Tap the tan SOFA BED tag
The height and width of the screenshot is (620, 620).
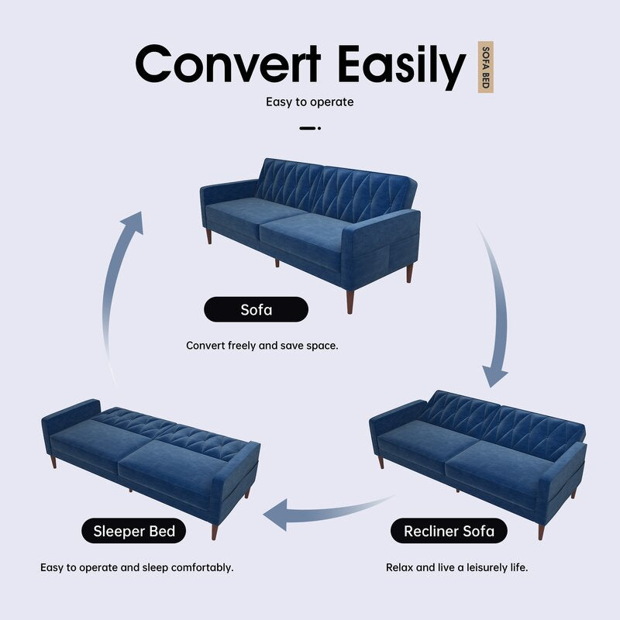pyautogui.click(x=485, y=67)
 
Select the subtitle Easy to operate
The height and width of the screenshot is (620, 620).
pyautogui.click(x=309, y=102)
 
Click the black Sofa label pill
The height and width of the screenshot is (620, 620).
pyautogui.click(x=256, y=310)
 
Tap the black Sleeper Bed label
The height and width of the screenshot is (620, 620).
pyautogui.click(x=134, y=531)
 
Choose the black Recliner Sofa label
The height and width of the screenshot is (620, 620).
pyautogui.click(x=455, y=531)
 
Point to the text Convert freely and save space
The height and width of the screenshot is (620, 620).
pyautogui.click(x=262, y=345)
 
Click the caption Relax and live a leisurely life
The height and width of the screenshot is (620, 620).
pyautogui.click(x=456, y=567)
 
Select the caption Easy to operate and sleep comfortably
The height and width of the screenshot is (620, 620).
pyautogui.click(x=136, y=567)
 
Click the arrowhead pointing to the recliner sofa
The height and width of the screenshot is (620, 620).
pyautogui.click(x=494, y=375)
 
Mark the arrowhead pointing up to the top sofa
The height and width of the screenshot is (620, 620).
pyautogui.click(x=133, y=222)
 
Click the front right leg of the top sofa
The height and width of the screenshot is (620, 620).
pyautogui.click(x=350, y=301)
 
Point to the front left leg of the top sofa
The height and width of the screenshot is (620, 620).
pyautogui.click(x=208, y=236)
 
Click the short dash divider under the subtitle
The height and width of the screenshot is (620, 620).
pyautogui.click(x=309, y=128)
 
